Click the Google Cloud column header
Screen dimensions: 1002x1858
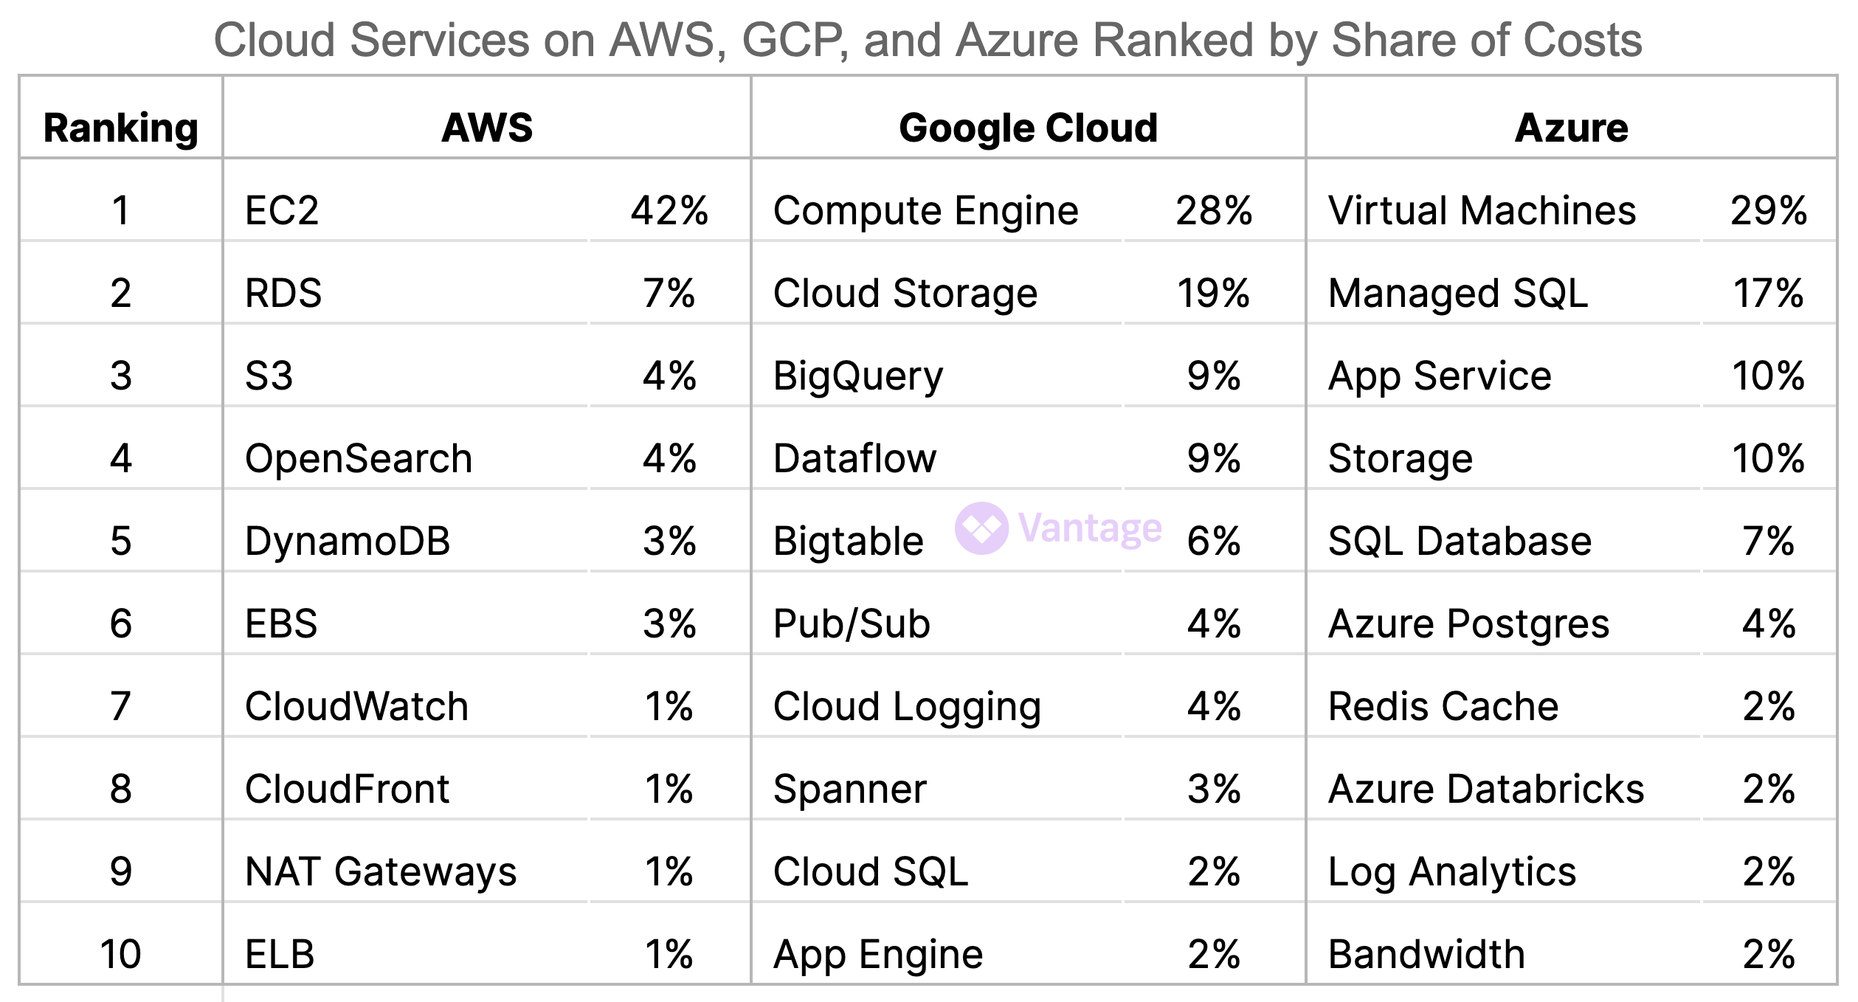(x=1028, y=128)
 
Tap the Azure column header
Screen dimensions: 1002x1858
(x=1571, y=128)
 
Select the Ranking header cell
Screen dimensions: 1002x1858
(x=121, y=128)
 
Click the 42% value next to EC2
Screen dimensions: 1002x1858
(x=669, y=210)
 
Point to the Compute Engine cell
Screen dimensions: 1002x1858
(x=925, y=210)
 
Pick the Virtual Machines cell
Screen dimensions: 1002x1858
(x=1482, y=210)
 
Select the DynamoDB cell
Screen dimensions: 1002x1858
(x=347, y=541)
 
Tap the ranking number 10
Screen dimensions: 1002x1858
(x=121, y=954)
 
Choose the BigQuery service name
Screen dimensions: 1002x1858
(x=858, y=376)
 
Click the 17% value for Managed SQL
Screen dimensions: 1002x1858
(x=1768, y=293)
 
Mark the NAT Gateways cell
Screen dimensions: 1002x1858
(x=381, y=871)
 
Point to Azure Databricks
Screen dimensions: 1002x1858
(x=1486, y=789)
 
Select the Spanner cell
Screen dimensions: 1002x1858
(x=849, y=789)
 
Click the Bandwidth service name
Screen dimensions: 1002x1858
(x=1426, y=954)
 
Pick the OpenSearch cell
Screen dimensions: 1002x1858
(x=359, y=458)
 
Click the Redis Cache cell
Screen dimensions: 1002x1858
(x=1443, y=706)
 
